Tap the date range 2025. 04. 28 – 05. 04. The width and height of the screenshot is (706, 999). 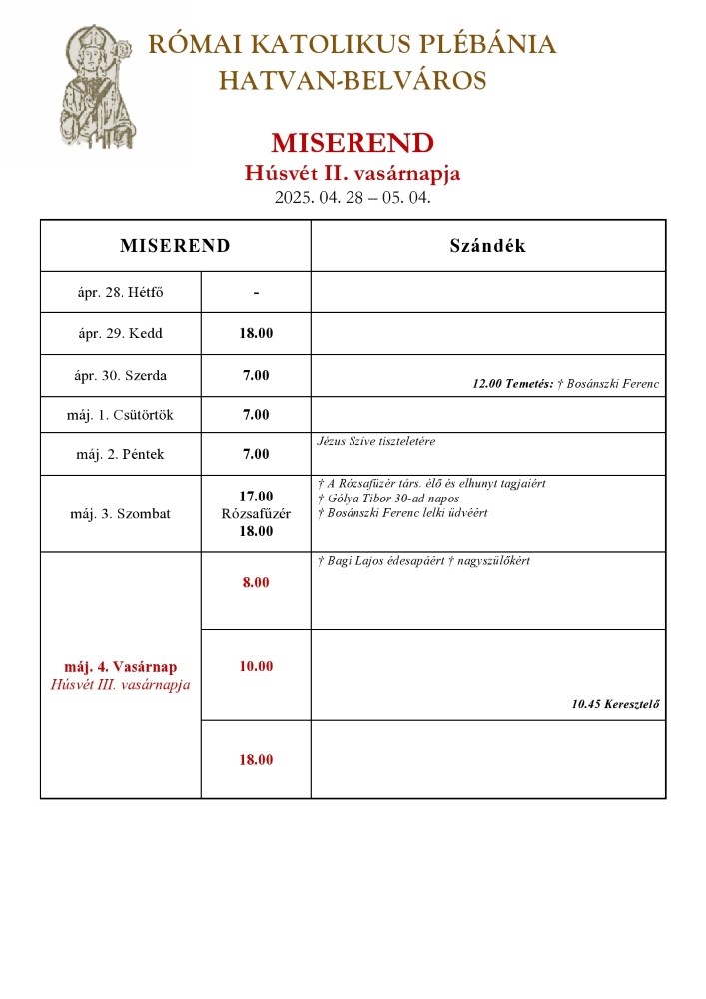353,197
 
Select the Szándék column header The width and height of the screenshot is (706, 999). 487,246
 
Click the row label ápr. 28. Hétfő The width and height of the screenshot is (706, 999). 120,293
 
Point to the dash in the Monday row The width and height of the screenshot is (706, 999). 256,293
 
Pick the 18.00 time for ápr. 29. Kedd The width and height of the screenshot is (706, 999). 256,333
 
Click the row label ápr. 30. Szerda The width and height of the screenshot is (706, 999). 122,376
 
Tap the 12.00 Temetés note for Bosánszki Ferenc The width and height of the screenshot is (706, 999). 565,384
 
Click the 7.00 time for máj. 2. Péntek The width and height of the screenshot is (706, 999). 256,454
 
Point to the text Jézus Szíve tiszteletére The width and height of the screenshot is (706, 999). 375,441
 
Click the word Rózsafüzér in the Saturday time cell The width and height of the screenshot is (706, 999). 256,514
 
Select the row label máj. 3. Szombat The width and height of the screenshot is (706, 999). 121,514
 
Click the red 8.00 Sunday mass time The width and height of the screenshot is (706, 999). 256,582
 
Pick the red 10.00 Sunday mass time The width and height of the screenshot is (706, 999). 256,666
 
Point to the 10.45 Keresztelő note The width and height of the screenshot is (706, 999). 615,704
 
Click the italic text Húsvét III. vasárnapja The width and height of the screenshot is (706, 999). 120,685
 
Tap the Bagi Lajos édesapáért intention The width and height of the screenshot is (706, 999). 422,561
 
